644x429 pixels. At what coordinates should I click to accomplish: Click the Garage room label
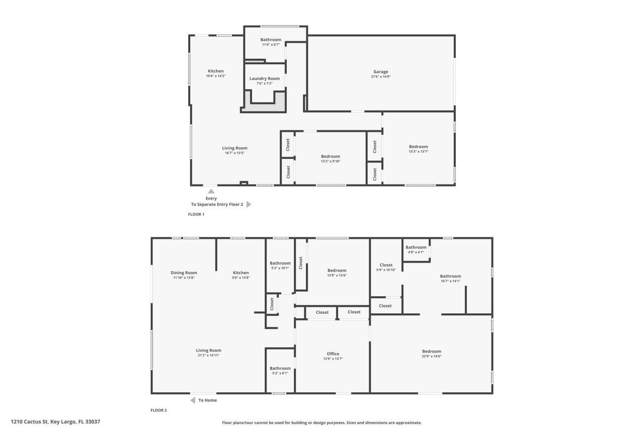point(380,72)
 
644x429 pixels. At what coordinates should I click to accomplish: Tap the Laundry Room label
point(264,78)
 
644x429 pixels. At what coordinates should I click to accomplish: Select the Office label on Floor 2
point(333,354)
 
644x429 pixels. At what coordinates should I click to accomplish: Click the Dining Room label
point(183,273)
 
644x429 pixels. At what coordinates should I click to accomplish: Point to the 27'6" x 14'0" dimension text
point(380,77)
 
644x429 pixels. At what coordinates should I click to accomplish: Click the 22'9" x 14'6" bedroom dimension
point(431,356)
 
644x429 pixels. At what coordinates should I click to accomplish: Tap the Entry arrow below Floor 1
point(211,191)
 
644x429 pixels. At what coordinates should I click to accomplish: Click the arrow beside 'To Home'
point(193,400)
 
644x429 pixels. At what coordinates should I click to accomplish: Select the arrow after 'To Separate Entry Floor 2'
point(249,205)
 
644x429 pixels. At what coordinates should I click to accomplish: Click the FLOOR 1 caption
point(196,214)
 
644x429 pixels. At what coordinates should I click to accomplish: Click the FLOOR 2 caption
point(158,410)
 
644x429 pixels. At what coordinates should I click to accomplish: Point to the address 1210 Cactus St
point(55,422)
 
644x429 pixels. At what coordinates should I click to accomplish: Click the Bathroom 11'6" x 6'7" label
point(271,40)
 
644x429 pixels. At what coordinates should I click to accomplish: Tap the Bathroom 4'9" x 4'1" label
point(416,247)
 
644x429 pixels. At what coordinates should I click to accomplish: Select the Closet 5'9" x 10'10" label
point(386,265)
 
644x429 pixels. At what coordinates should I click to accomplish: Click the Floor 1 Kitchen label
point(216,71)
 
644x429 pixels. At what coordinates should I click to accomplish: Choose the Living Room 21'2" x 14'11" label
point(208,351)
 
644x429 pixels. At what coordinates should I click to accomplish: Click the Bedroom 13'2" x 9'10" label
point(330,156)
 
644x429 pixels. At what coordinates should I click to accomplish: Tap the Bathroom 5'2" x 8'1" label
point(280,368)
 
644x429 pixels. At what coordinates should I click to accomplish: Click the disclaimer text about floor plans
point(322,423)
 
